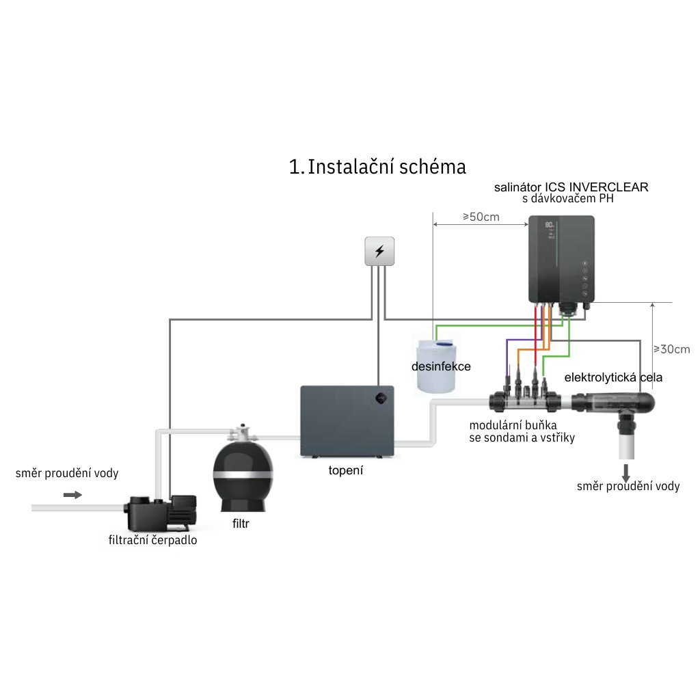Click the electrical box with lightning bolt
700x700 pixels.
pyautogui.click(x=379, y=251)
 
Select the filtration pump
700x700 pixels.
pyautogui.click(x=161, y=511)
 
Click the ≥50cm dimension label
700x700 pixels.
pyautogui.click(x=481, y=217)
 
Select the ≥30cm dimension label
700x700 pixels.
pyautogui.click(x=671, y=349)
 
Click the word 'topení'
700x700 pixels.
pyautogui.click(x=346, y=470)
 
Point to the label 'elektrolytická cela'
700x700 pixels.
pyautogui.click(x=613, y=377)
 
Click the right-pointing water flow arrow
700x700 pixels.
pyautogui.click(x=72, y=494)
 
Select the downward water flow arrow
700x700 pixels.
pyautogui.click(x=625, y=472)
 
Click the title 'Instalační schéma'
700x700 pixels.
pyautogui.click(x=377, y=167)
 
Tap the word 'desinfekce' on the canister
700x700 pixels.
pyautogui.click(x=441, y=366)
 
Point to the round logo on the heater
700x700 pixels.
pyautogui.click(x=379, y=397)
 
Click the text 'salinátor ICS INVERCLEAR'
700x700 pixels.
pyautogui.click(x=571, y=186)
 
